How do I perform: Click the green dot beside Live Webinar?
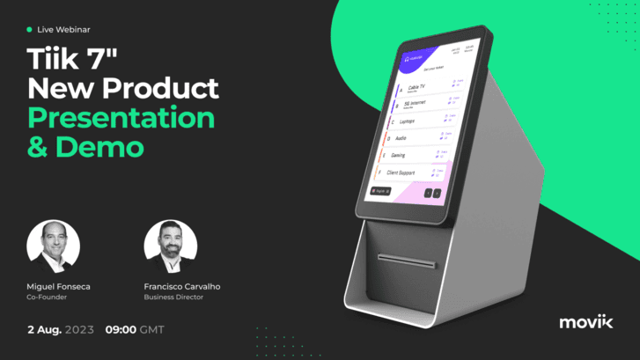(29, 29)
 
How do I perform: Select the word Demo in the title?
(99, 147)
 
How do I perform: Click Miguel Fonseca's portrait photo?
(54, 246)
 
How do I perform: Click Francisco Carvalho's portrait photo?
(170, 246)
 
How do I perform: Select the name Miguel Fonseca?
(59, 286)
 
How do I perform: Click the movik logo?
(587, 321)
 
